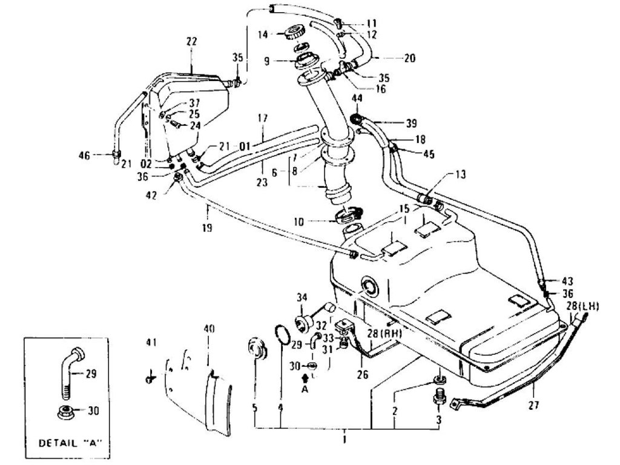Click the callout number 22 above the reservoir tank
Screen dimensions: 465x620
pyautogui.click(x=191, y=41)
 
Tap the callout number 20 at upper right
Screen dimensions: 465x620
pyautogui.click(x=410, y=59)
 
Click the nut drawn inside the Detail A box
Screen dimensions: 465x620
pyautogui.click(x=65, y=413)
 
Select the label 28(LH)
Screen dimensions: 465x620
pyautogui.click(x=582, y=307)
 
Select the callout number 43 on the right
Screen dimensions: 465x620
pyautogui.click(x=566, y=281)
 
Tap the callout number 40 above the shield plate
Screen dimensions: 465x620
pyautogui.click(x=209, y=329)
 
